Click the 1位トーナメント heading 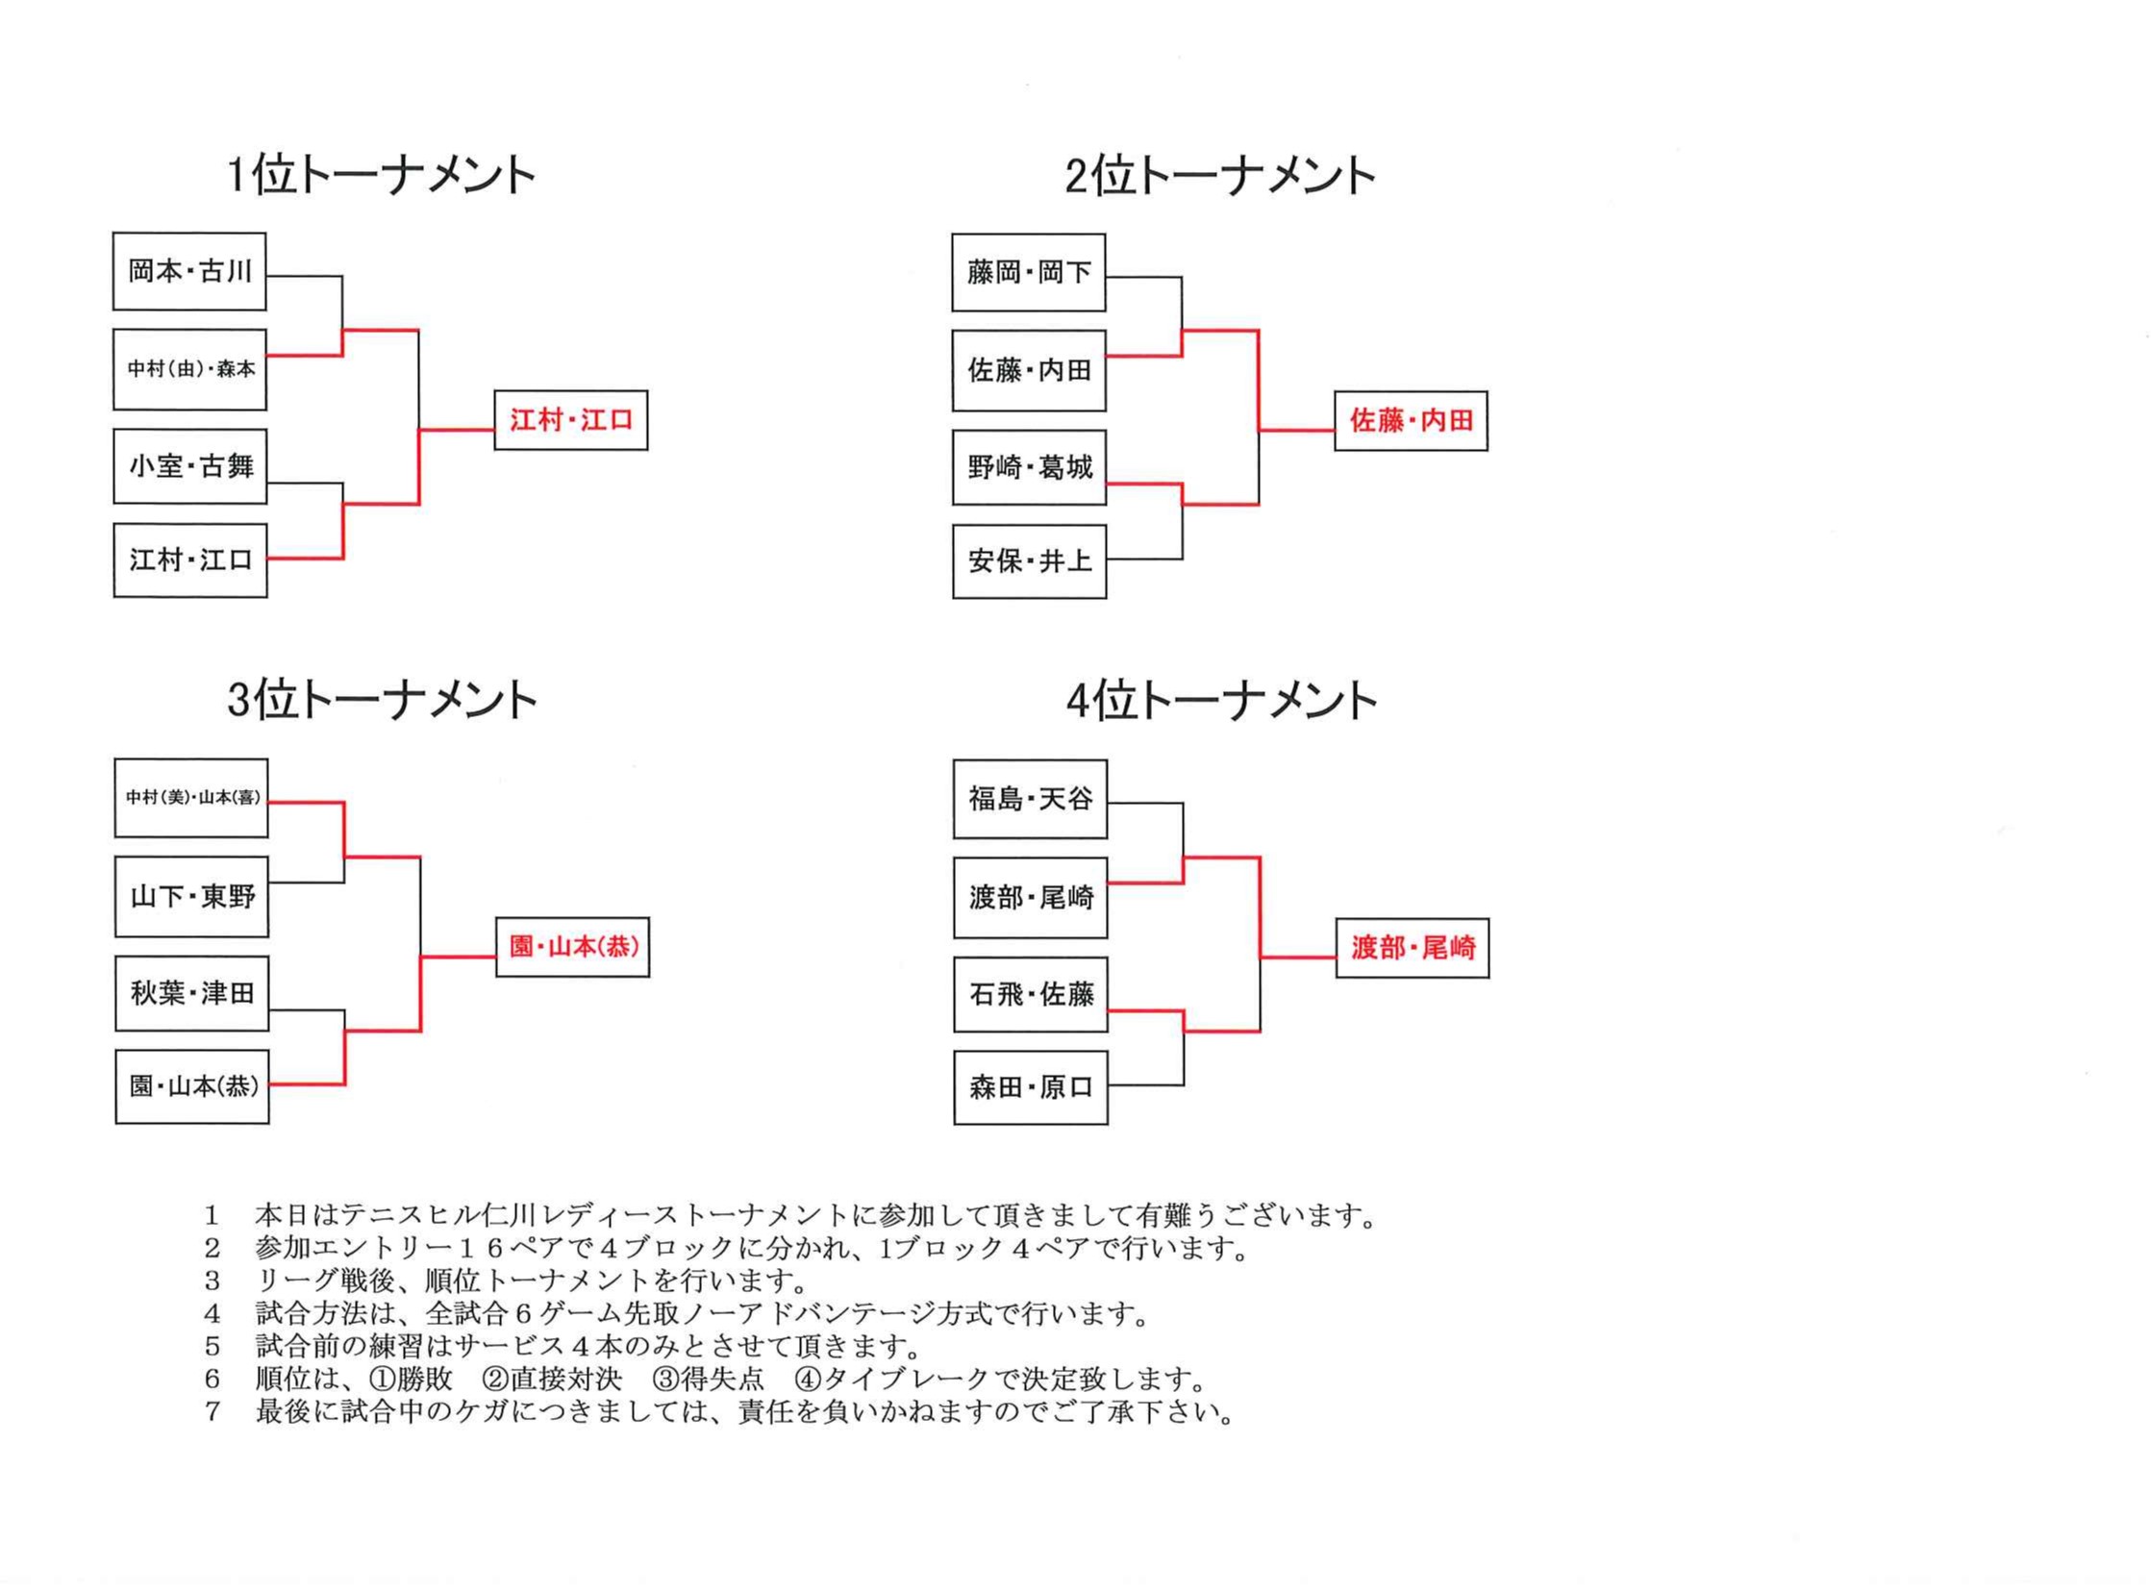tap(381, 175)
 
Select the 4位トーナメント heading tap(1221, 701)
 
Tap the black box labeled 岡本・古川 tap(188, 271)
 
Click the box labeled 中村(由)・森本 tap(189, 369)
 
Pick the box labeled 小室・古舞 tap(189, 466)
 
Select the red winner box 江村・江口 tap(570, 420)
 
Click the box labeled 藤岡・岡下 tap(1028, 272)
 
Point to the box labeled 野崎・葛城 tap(1029, 467)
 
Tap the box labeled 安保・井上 tap(1029, 560)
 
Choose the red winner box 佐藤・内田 tap(1411, 420)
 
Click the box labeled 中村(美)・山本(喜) tap(190, 798)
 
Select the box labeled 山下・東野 tap(191, 896)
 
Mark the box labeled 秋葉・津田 tap(191, 992)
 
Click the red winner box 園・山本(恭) tap(572, 946)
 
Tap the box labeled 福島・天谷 tap(1030, 799)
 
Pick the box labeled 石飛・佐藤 tap(1031, 993)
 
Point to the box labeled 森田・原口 tap(1031, 1087)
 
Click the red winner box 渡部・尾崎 tap(1413, 947)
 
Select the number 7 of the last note tap(213, 1412)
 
